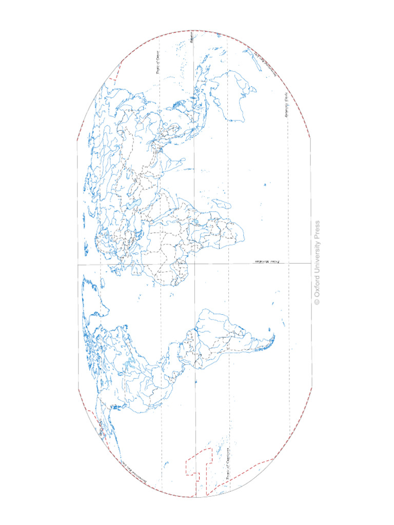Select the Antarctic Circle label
(285, 105)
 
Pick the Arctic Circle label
(100, 428)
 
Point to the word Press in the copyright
(317, 228)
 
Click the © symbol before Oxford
(317, 302)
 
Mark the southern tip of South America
(273, 337)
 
